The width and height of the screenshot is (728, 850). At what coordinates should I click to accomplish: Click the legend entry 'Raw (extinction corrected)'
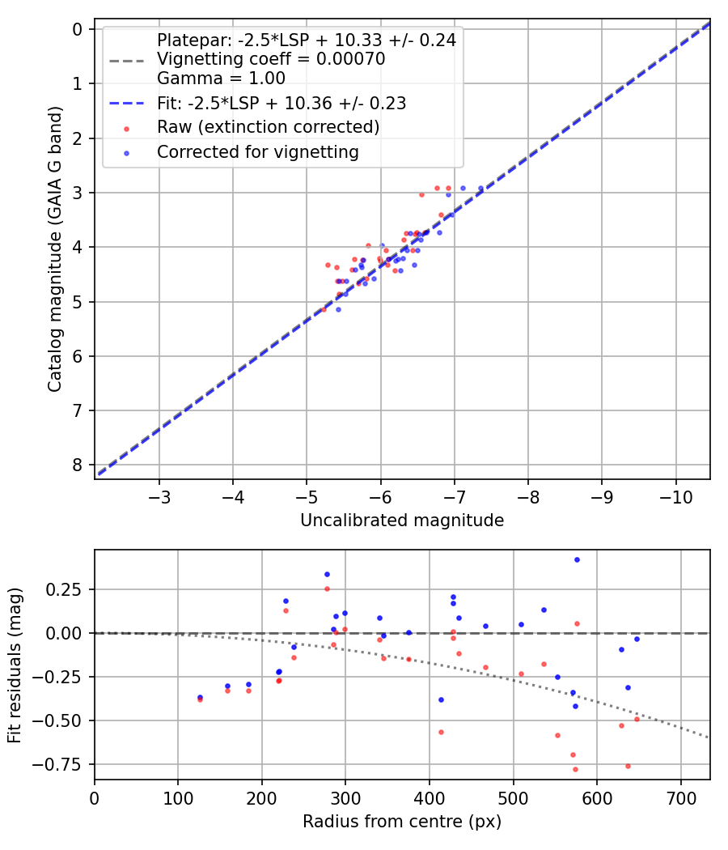(268, 127)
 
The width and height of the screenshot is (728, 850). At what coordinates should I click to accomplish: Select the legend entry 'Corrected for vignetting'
(258, 151)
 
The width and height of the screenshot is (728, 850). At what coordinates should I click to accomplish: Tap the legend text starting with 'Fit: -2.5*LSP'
(281, 103)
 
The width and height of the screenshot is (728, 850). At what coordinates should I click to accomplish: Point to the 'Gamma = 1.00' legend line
(221, 79)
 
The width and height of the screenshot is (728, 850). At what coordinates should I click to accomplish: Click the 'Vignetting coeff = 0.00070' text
(271, 59)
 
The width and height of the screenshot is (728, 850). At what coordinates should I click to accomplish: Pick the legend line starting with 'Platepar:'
(306, 40)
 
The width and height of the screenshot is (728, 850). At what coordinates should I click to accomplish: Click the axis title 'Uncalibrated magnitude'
(402, 521)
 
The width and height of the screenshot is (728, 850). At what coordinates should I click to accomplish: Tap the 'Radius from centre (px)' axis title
(402, 822)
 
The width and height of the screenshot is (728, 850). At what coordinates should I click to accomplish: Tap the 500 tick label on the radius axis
(513, 797)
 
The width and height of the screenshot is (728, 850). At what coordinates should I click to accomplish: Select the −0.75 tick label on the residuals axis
(66, 764)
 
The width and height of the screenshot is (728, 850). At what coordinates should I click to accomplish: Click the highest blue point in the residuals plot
(577, 559)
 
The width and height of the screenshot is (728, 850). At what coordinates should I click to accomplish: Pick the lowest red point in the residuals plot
(575, 769)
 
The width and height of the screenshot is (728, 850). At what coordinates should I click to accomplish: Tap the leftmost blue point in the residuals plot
(200, 697)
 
